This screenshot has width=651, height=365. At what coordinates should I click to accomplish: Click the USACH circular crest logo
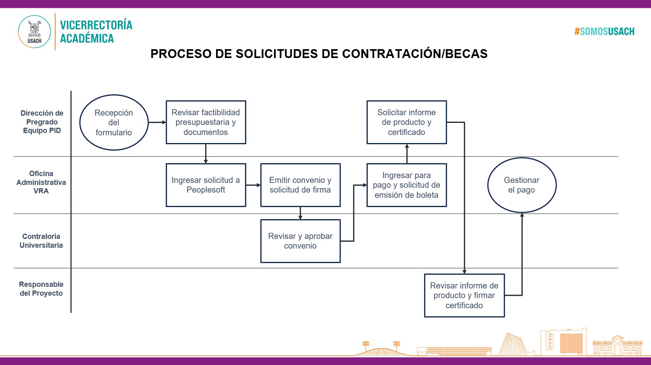(34, 31)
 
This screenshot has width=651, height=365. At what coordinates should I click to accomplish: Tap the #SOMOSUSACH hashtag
(604, 31)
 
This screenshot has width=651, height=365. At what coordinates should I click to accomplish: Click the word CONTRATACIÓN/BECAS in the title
(415, 54)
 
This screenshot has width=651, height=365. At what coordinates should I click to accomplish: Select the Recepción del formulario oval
(114, 122)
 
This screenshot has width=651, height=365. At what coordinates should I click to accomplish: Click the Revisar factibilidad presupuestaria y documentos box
(206, 122)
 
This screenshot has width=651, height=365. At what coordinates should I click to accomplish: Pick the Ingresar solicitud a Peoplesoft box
(206, 185)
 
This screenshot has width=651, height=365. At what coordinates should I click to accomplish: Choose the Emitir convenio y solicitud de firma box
(301, 185)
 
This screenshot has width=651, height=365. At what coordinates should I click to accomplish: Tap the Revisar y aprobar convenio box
(301, 241)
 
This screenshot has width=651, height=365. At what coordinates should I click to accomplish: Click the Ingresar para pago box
(407, 185)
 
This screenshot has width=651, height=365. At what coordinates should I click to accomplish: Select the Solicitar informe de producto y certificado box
(407, 122)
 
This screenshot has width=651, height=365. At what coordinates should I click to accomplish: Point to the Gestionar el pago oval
(522, 185)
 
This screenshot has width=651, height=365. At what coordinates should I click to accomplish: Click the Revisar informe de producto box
(464, 295)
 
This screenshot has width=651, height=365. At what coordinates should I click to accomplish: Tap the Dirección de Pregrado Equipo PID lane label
(42, 122)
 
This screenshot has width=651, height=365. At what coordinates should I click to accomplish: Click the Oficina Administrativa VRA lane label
(41, 182)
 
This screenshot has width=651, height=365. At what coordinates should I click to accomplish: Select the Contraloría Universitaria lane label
(41, 241)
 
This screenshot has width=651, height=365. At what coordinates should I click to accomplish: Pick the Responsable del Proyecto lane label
(41, 289)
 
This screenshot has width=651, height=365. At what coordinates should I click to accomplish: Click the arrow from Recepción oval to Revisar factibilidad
(157, 122)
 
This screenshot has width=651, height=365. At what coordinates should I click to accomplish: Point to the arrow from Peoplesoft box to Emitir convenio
(253, 185)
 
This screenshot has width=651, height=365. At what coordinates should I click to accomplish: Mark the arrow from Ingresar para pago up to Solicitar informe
(407, 153)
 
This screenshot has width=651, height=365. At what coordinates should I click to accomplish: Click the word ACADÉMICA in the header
(87, 38)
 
